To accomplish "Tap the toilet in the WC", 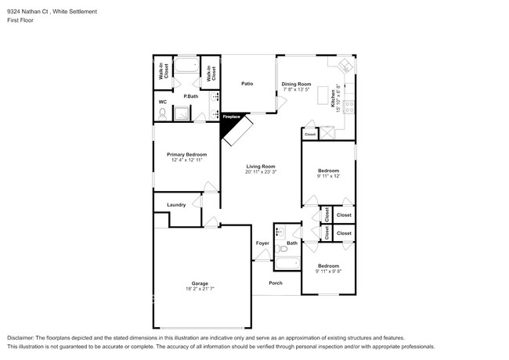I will [x=162, y=114].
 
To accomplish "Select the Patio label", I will [x=247, y=84].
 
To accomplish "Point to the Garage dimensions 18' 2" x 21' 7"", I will [x=200, y=290].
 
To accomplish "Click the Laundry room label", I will [x=176, y=205].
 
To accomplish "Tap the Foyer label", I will [x=262, y=243].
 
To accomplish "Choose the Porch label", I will [x=276, y=283].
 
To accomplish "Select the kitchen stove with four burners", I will [x=351, y=102].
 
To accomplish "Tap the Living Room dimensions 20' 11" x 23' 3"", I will [x=262, y=172].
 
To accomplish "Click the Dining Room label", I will [x=296, y=84].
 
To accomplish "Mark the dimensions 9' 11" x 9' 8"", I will [x=328, y=272].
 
